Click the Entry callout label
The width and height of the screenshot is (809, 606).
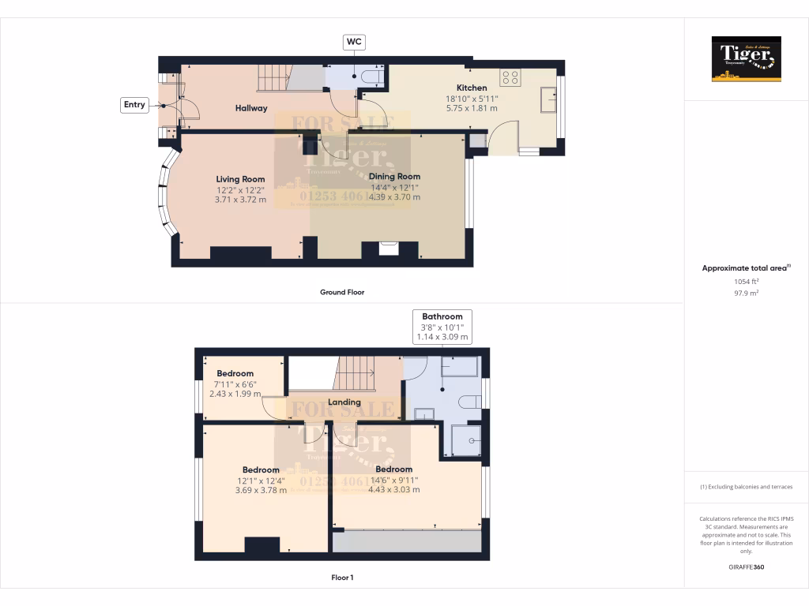(134, 104)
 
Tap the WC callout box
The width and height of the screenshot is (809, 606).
(354, 42)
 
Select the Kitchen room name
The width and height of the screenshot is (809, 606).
(472, 88)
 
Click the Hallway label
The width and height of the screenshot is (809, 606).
(251, 108)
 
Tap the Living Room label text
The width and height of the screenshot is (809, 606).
(240, 179)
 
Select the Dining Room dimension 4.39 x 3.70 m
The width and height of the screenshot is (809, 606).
(395, 197)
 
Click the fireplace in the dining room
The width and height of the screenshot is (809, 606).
(389, 249)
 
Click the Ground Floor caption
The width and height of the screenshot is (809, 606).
(342, 292)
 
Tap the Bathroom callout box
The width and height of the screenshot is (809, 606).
(442, 327)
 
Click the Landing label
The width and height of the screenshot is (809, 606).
(344, 402)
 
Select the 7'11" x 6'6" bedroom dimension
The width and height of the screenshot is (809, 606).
(235, 383)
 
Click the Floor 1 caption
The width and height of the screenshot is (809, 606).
(342, 578)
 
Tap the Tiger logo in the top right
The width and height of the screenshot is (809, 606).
(746, 59)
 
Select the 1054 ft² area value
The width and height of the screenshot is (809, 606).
(746, 281)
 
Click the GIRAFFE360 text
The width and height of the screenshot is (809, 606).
(746, 567)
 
